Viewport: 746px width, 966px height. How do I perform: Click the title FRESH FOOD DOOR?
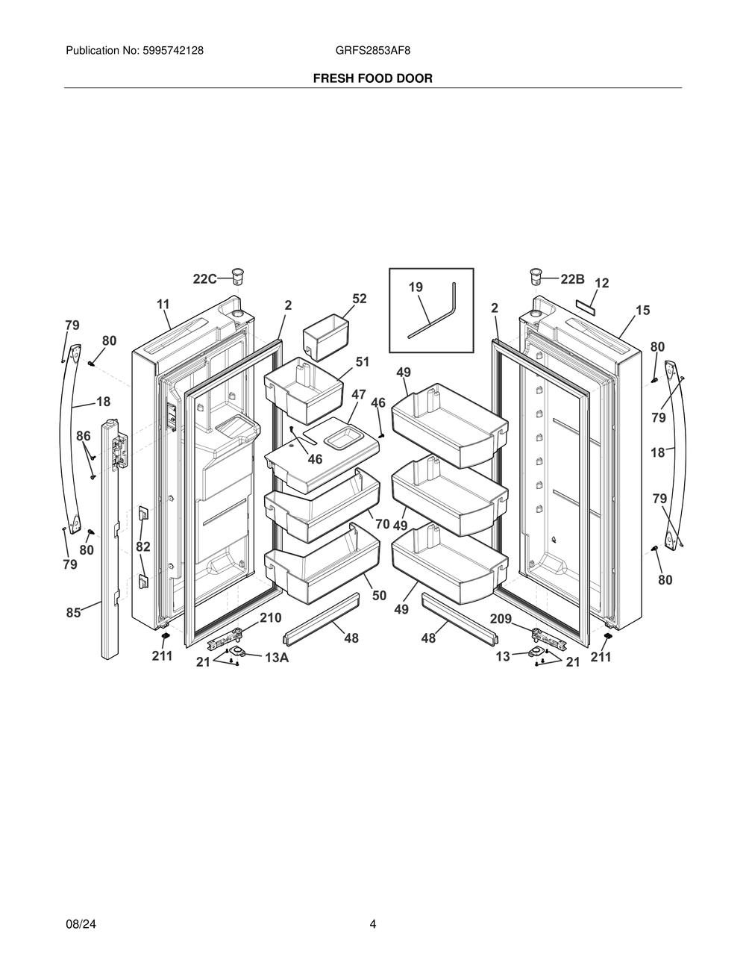(x=372, y=78)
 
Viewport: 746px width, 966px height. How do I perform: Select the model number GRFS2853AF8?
(x=372, y=51)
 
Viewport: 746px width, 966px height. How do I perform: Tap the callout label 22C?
(x=204, y=279)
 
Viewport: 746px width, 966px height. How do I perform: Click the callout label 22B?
(x=572, y=279)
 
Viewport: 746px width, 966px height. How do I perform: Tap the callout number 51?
(x=363, y=362)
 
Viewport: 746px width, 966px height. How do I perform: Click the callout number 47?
(x=359, y=394)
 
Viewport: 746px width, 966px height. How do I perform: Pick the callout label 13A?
(x=277, y=658)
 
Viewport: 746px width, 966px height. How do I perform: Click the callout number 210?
(x=270, y=618)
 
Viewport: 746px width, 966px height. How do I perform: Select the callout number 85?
(x=73, y=613)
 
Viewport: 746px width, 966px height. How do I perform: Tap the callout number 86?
(x=84, y=435)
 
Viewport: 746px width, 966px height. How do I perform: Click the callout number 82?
(x=143, y=546)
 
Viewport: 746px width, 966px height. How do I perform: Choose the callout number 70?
(x=382, y=524)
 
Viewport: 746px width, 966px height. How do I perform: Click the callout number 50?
(x=379, y=595)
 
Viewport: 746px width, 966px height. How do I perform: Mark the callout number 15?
(x=642, y=309)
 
